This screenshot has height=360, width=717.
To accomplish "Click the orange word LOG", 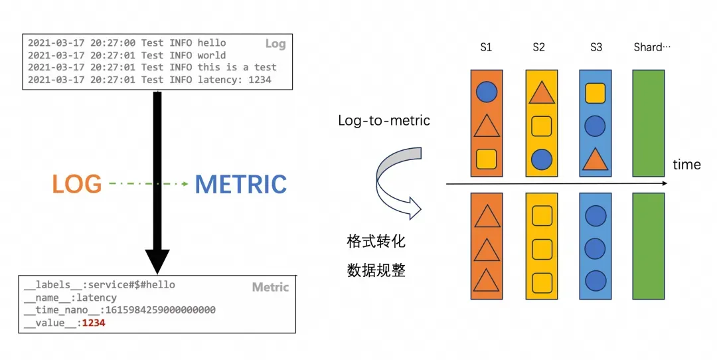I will pos(77,184).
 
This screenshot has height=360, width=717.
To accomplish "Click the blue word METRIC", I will pos(240,184).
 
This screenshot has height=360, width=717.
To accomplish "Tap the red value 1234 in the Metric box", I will pos(93,323).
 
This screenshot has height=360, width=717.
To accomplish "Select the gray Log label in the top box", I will pos(275,44).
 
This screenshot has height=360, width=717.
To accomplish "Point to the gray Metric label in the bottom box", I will pos(270,287).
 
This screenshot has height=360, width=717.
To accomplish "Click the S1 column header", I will pos(486,47).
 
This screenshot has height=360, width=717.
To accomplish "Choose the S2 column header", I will pos(538,47).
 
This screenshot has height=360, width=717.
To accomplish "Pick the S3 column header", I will pos(596,47).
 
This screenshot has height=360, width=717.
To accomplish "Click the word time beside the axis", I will pos(686,165).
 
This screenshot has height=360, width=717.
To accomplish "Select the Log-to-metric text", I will pos(384,120).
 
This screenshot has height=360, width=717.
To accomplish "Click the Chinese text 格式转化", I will pos(376,241).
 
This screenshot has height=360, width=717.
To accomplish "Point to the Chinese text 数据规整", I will pos(376,270).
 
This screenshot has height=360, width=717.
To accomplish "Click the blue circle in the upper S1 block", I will pos(487,92).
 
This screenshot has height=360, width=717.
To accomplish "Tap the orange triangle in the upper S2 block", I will pos(542,93).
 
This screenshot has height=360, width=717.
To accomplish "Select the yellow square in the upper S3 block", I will pos(595,93).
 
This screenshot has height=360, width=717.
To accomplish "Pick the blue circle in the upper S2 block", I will pos(542,158).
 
